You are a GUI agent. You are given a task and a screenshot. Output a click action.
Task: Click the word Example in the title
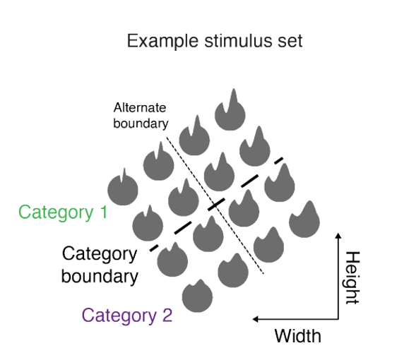click(162, 41)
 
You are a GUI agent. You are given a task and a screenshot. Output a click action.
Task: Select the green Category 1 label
click(63, 212)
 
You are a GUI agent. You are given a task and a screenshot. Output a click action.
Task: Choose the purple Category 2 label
click(127, 316)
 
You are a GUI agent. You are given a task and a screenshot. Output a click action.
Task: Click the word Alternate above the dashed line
click(140, 108)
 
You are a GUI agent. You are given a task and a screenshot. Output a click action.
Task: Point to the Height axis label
click(352, 278)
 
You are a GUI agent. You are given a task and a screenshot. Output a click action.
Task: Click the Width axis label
click(297, 336)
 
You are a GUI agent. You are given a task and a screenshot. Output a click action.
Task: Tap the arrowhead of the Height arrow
click(338, 235)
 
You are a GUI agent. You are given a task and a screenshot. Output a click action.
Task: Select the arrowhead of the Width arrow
click(256, 319)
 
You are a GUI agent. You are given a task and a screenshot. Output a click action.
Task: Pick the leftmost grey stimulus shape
click(123, 189)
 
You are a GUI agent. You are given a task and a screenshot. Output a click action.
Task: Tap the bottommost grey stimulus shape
click(197, 296)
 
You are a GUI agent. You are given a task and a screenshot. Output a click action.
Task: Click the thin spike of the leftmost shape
click(124, 174)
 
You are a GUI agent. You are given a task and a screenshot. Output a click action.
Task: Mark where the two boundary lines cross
click(215, 205)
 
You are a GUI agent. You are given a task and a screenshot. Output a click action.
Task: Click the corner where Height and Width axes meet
click(338, 319)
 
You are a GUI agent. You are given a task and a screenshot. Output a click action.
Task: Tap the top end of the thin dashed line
click(167, 137)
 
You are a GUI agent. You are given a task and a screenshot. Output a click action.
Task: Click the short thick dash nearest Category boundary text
click(154, 248)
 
